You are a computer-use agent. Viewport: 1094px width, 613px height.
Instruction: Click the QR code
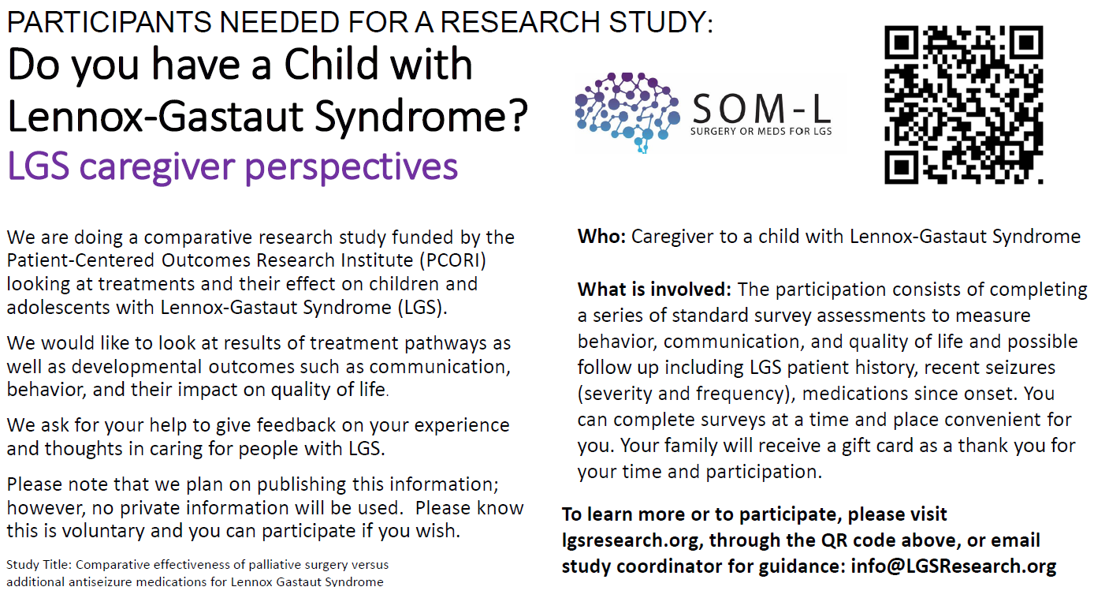pos(963,104)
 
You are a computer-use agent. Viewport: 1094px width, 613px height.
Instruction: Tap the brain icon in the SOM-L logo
pos(627,110)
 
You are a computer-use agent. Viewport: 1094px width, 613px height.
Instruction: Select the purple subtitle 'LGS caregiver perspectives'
pos(233,166)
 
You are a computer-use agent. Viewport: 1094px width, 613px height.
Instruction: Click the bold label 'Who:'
pos(601,236)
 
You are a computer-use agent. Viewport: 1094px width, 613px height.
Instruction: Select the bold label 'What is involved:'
pos(655,290)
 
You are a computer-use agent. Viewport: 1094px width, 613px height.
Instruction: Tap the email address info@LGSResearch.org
pos(954,566)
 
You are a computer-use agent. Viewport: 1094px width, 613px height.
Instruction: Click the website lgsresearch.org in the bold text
pos(620,540)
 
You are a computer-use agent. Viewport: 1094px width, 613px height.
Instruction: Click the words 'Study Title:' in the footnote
pos(39,565)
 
